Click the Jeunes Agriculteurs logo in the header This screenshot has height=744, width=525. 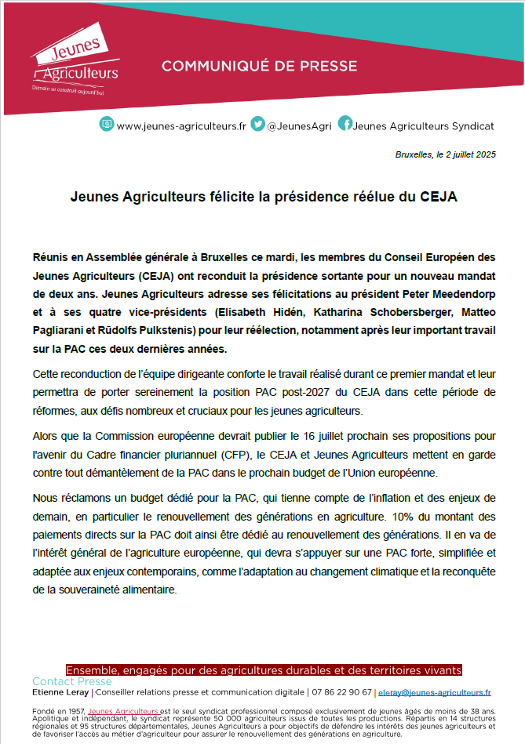pos(75,64)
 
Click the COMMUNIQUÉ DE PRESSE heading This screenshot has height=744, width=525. pos(259,66)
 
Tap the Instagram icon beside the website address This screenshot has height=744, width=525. pos(107,125)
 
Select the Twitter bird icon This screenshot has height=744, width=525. pos(257,125)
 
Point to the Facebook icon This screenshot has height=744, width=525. pos(345,125)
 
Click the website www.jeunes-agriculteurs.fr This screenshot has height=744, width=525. pos(181,125)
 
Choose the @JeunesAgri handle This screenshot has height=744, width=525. pos(300,125)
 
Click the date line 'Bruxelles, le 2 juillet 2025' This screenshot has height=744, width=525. pos(446,154)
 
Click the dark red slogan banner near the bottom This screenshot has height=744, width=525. pos(264,670)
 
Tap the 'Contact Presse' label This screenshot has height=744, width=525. pos(72,681)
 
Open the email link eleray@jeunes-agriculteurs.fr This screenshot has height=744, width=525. pos(434,692)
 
